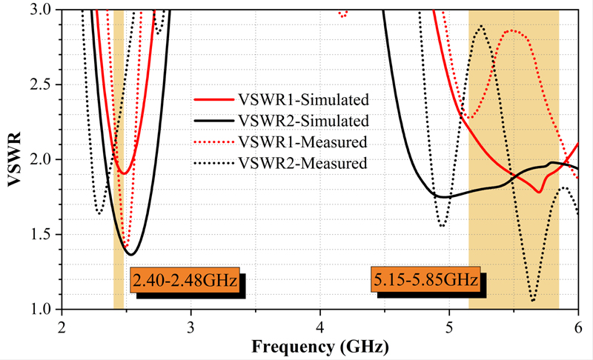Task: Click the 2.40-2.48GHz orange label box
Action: pyautogui.click(x=185, y=281)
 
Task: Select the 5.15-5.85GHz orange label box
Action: pyautogui.click(x=425, y=280)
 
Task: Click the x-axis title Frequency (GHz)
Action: pyautogui.click(x=319, y=346)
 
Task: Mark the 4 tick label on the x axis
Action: pyautogui.click(x=320, y=326)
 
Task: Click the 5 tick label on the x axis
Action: pyautogui.click(x=449, y=326)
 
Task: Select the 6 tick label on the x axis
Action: pyautogui.click(x=578, y=326)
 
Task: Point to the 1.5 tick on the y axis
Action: pyautogui.click(x=44, y=235)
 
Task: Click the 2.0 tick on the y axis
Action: pyautogui.click(x=44, y=160)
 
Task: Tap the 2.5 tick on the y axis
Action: pyautogui.click(x=44, y=85)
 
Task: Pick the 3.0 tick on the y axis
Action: pyautogui.click(x=44, y=10)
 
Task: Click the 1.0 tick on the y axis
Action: pyautogui.click(x=44, y=310)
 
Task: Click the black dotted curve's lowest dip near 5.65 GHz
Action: pyautogui.click(x=533, y=301)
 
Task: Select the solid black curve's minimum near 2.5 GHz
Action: pyautogui.click(x=131, y=255)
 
